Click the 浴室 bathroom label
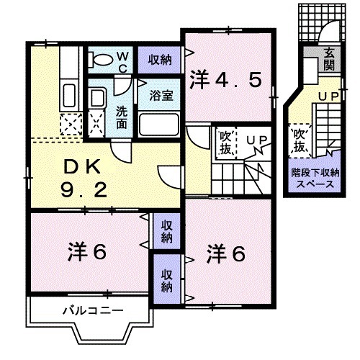click(x=160, y=94)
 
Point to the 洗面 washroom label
click(x=122, y=117)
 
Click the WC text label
click(x=122, y=60)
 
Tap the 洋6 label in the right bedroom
click(x=228, y=253)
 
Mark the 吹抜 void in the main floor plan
click(x=224, y=142)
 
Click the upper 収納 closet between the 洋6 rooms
click(x=166, y=230)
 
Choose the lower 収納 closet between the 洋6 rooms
click(x=166, y=279)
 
